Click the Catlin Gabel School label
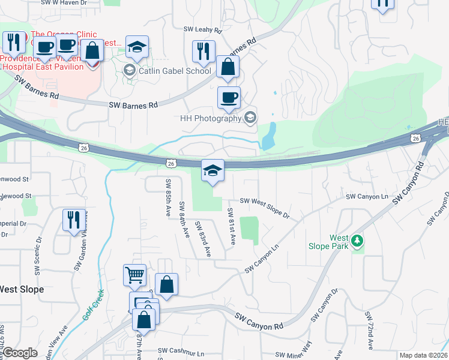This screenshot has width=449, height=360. (x=175, y=71)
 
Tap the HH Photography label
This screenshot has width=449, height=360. (x=210, y=118)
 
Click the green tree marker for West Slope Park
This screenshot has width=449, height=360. (x=358, y=241)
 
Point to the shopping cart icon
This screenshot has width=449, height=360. (x=135, y=276)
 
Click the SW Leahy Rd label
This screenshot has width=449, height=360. (x=203, y=29)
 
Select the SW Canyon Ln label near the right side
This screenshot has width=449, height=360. (x=367, y=197)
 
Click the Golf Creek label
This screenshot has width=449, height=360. (x=94, y=306)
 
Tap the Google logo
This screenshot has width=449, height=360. (x=19, y=353)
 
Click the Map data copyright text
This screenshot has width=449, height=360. (x=423, y=355)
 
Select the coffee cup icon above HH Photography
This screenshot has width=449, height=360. (x=228, y=98)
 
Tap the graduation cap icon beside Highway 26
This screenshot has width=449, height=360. (x=212, y=170)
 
